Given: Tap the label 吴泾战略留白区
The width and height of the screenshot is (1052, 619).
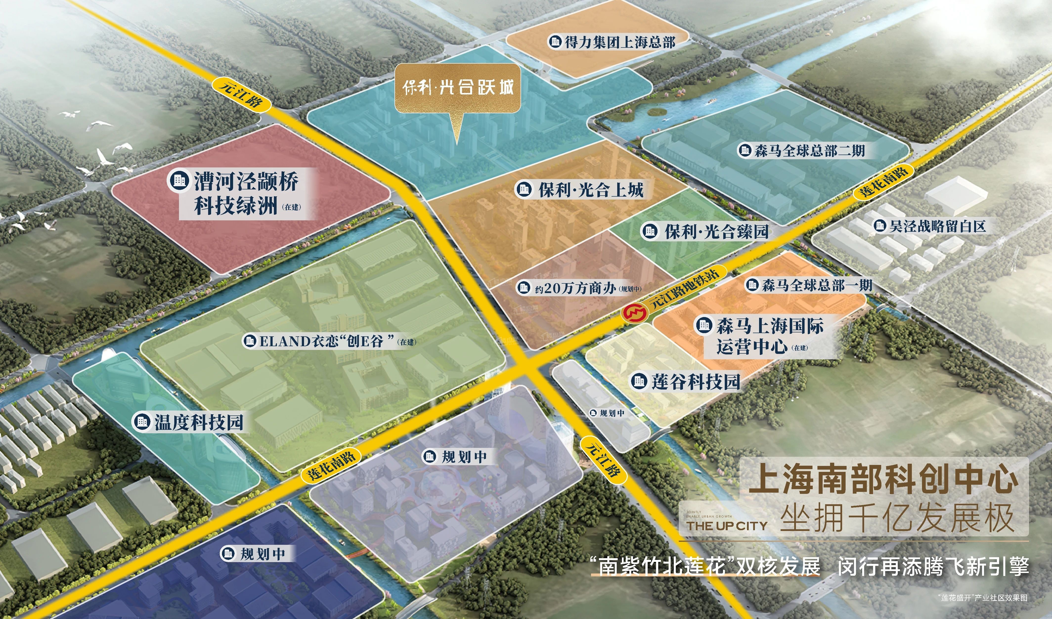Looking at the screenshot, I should [930, 226].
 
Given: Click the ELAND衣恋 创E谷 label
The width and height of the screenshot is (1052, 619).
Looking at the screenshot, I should [330, 341].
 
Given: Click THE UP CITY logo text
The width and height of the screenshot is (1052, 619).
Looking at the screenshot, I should [727, 526].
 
